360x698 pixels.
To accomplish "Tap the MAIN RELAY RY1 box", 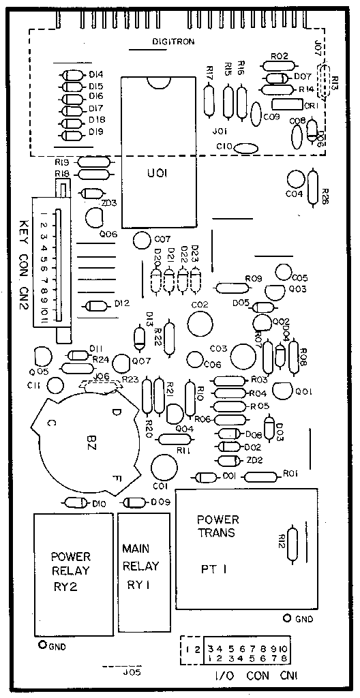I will tap(143, 572).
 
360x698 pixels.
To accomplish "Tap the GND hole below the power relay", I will tap(42, 644).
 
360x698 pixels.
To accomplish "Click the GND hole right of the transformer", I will tap(287, 618).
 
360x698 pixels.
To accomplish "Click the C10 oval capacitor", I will tap(247, 147).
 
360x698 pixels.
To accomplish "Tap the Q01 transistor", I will tap(282, 391).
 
